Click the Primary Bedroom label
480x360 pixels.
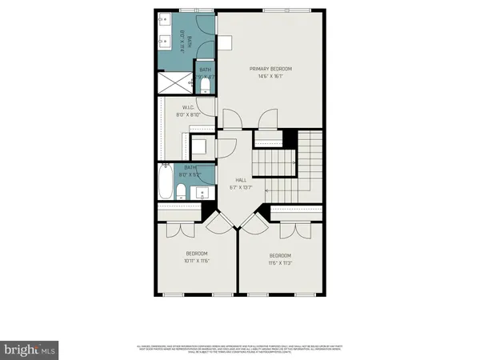coord(271,69)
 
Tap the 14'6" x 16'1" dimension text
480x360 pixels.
coord(271,78)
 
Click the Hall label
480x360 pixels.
coord(241,181)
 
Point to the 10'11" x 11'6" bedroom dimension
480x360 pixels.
coord(196,261)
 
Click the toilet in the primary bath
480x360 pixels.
coord(206,84)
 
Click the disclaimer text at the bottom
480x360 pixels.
coord(240,348)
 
